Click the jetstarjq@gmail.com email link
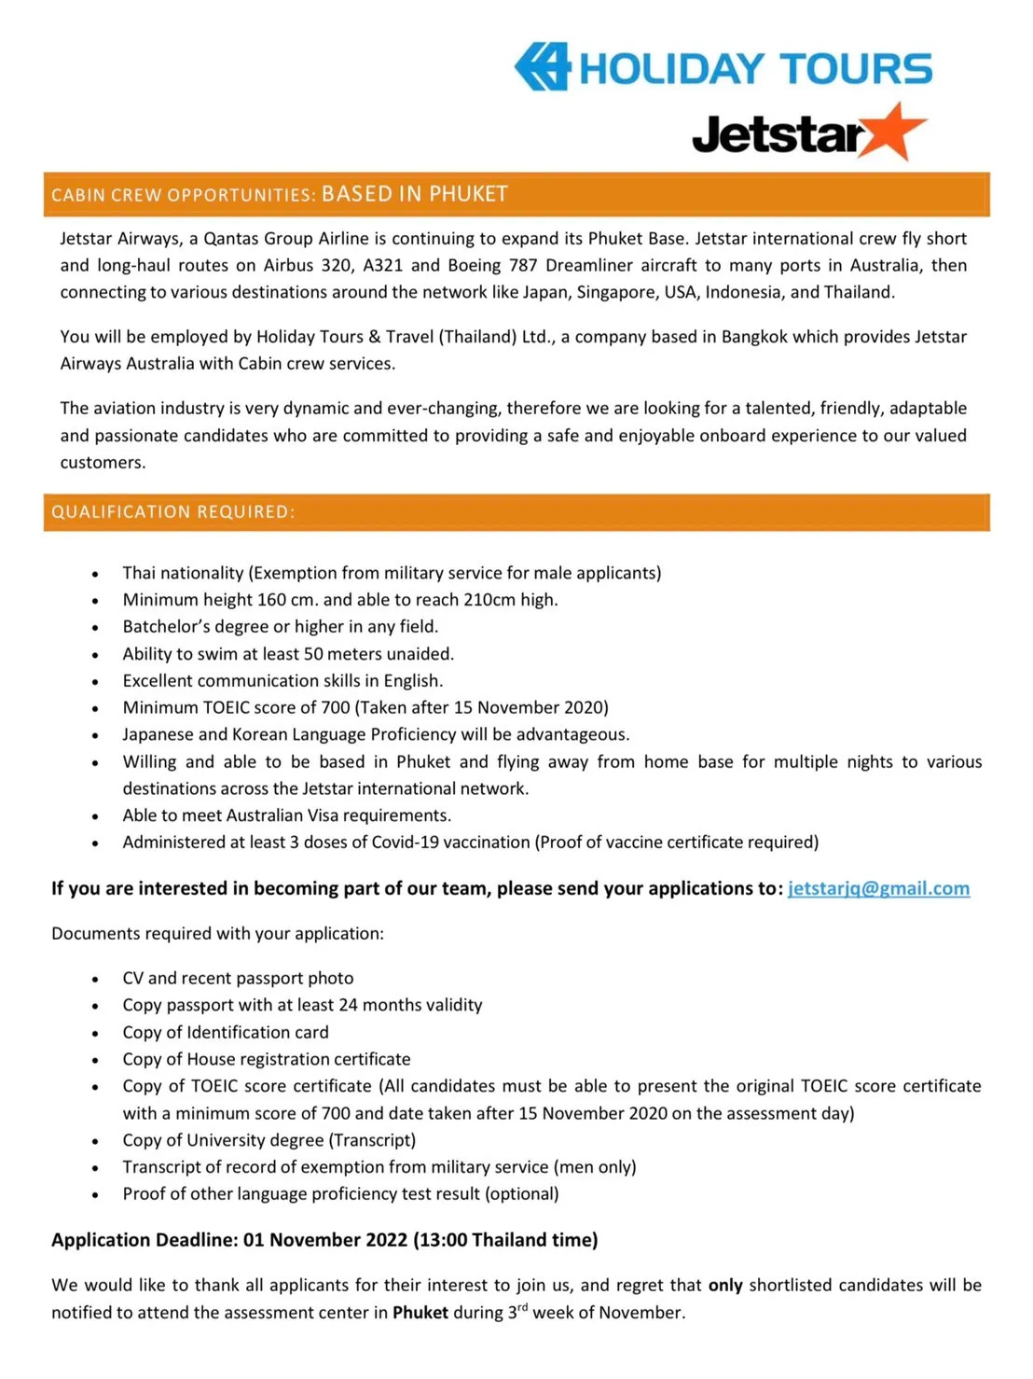point(878,888)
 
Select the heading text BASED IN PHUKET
point(415,194)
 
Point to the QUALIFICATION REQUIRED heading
point(173,512)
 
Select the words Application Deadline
point(145,1240)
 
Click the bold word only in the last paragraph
point(725,1286)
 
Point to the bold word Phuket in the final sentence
point(420,1313)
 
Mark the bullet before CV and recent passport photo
point(95,980)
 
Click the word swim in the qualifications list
point(215,654)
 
